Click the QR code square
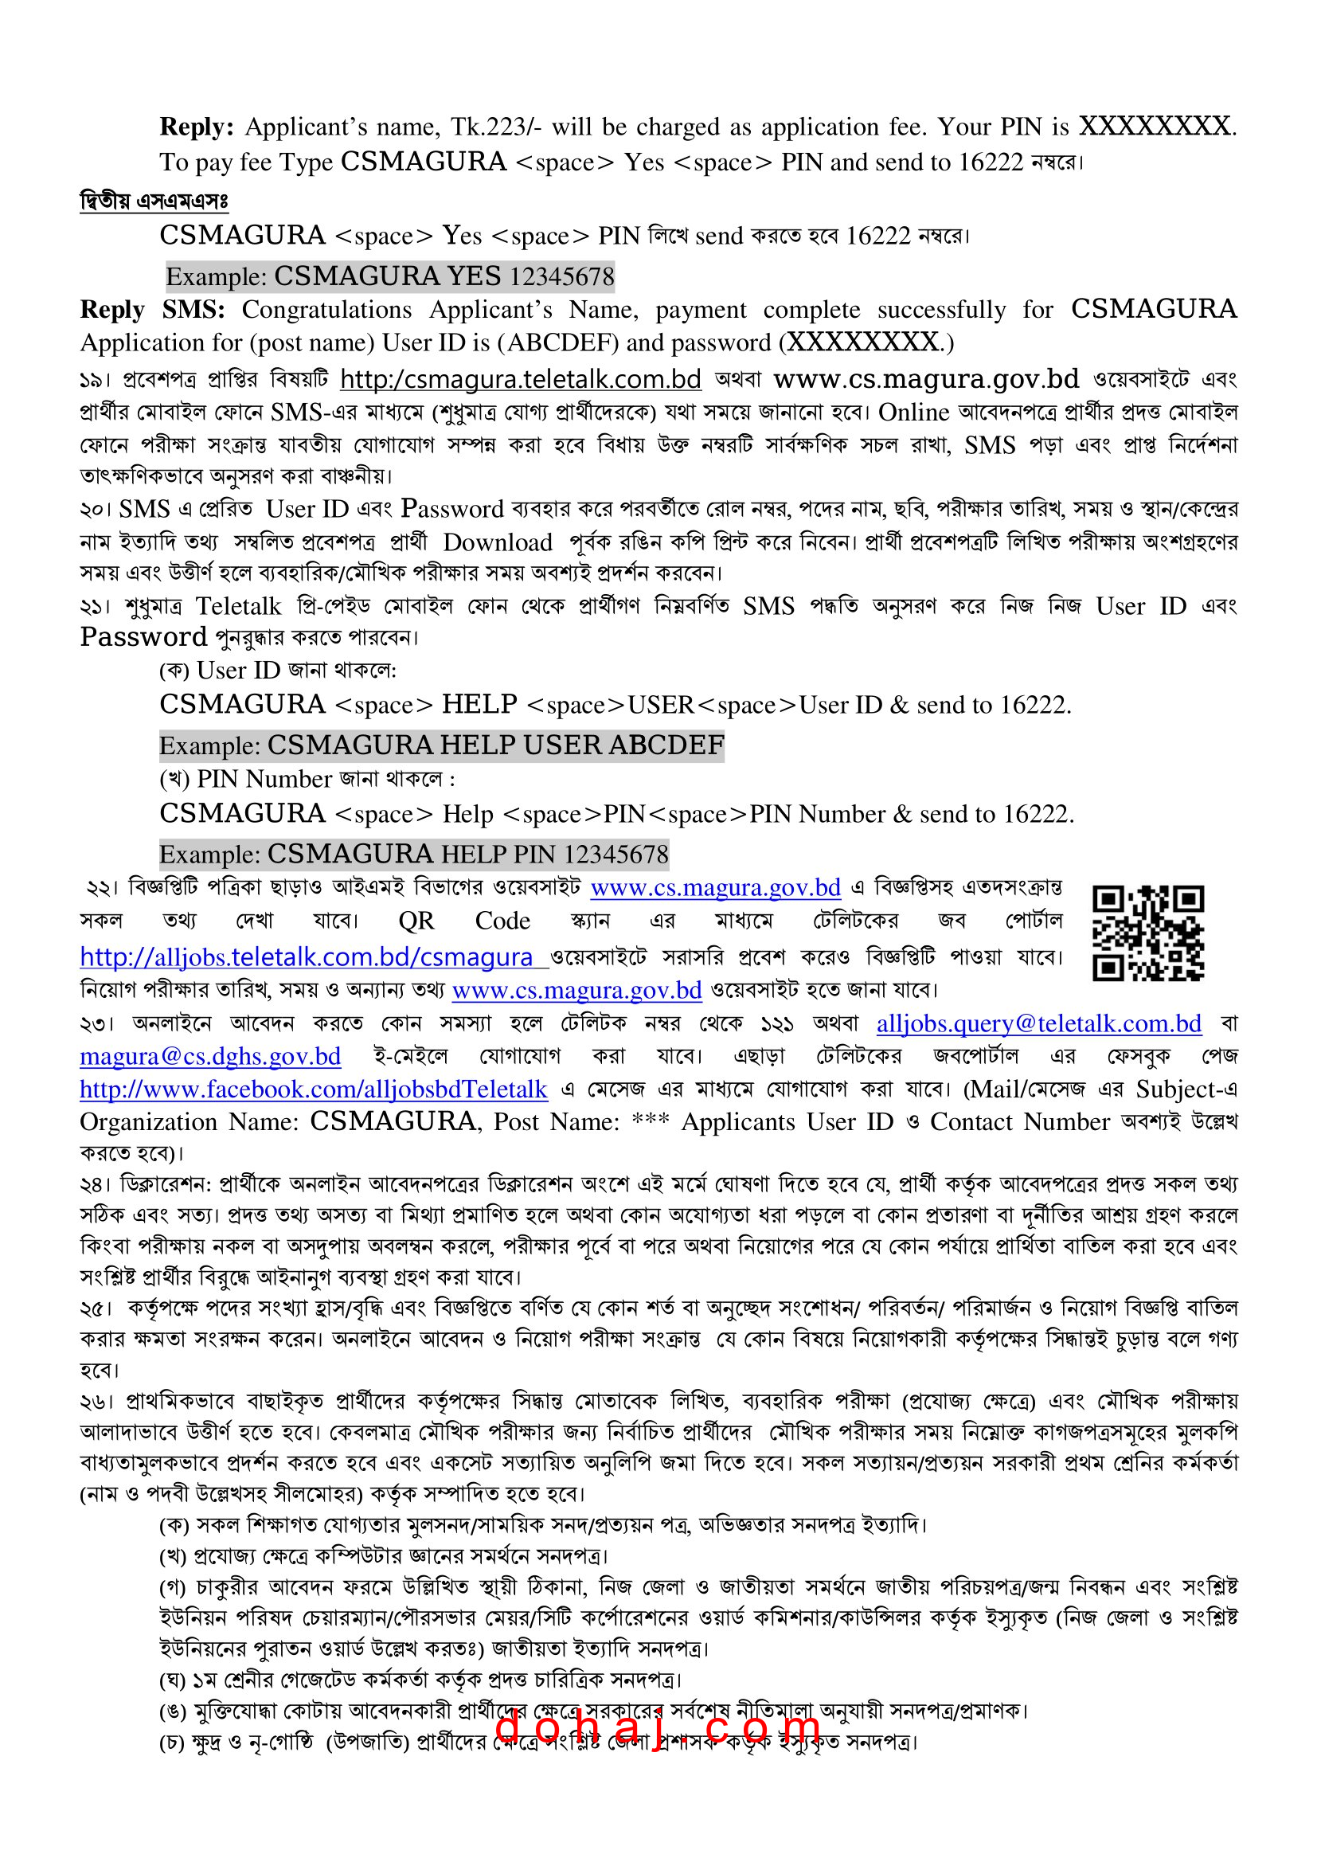click(1147, 933)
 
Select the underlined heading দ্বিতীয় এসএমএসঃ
click(154, 201)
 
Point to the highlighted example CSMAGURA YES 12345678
click(390, 277)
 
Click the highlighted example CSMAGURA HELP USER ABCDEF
click(441, 745)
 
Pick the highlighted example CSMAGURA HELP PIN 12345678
click(413, 854)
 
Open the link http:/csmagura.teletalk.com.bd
click(521, 380)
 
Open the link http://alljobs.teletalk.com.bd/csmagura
click(307, 958)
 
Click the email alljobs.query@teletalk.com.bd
click(1039, 1023)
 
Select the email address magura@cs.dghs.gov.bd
click(210, 1056)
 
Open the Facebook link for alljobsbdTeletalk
click(314, 1089)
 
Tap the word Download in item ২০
click(497, 542)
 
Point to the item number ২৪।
click(96, 1185)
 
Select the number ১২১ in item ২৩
click(778, 1023)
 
